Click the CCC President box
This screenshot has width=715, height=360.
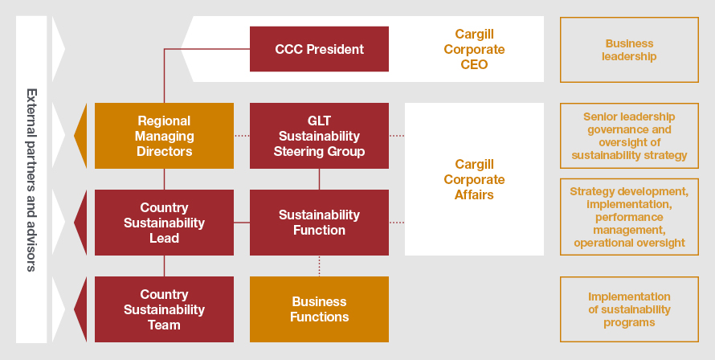pos(319,49)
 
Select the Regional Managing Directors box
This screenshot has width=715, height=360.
pos(164,136)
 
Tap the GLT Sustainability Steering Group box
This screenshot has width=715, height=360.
pos(319,136)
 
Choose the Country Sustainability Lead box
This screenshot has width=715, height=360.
pos(164,223)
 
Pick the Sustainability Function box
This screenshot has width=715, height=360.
pos(319,223)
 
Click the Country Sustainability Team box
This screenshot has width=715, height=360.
pos(164,309)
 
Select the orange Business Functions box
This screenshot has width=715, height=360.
pos(319,309)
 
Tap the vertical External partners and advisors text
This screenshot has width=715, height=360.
pos(31,180)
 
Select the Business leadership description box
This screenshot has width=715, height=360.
pos(629,50)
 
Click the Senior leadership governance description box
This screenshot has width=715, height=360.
pos(629,136)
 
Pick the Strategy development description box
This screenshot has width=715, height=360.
pos(629,217)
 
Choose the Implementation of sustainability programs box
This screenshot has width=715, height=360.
pos(629,309)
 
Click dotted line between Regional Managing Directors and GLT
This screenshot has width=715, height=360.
pos(242,136)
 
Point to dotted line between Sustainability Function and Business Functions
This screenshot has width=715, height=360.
pos(319,266)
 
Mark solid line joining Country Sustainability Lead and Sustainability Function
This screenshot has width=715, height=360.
pos(242,223)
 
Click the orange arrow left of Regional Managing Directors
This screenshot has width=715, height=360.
pos(80,136)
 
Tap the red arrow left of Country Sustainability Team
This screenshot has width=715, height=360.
pos(80,309)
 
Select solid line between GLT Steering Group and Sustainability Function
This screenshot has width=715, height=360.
pos(319,179)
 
